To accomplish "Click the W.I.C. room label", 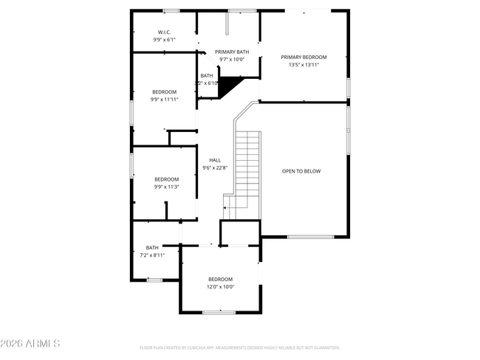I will [164, 32].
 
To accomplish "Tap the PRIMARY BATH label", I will [232, 52].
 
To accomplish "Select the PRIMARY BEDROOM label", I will [304, 57].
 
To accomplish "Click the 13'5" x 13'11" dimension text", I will [304, 64].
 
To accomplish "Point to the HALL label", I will [215, 160].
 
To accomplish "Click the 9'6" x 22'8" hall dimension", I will [215, 167].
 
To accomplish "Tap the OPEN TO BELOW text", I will [301, 171].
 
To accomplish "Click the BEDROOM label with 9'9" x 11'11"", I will [164, 91].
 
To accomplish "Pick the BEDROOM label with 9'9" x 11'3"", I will [166, 179].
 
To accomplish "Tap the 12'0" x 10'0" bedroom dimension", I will [220, 286].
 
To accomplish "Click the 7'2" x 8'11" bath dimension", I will [152, 255].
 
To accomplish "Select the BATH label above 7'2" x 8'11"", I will [152, 248].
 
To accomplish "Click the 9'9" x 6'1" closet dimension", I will [164, 39].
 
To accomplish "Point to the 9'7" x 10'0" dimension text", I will [232, 59].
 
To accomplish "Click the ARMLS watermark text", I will [31, 344].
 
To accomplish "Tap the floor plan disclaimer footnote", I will [239, 347].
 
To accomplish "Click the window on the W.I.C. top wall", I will [171, 10].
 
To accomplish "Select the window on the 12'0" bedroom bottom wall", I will [218, 312].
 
